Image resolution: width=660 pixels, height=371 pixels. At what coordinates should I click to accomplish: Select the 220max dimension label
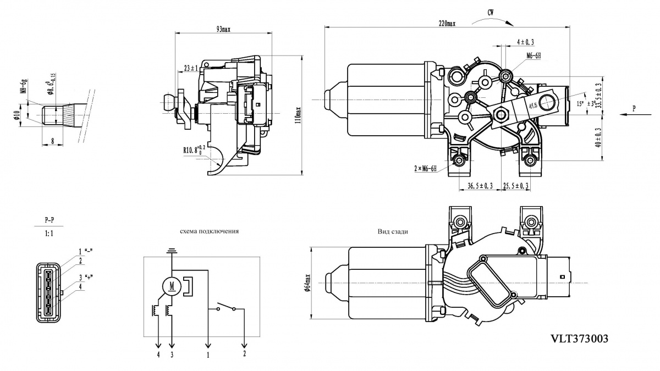447,24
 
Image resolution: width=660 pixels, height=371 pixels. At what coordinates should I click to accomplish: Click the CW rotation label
490,12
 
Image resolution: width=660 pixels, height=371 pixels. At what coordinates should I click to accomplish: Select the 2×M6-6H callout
425,169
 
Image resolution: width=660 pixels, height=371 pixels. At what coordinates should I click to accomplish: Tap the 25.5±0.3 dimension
515,186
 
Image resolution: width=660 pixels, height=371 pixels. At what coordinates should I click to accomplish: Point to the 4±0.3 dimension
525,42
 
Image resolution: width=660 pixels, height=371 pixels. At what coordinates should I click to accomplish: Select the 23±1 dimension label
191,69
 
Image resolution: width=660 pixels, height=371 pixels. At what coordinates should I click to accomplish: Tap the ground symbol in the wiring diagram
172,252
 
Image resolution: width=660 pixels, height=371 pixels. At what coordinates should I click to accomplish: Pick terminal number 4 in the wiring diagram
158,355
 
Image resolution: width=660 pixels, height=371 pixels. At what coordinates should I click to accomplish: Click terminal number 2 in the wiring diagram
244,353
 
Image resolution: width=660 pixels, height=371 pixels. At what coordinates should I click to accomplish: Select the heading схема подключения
210,231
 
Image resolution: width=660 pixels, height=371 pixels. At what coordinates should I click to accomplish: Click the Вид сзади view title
393,231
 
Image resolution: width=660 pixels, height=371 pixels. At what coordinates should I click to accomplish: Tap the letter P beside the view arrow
634,108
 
